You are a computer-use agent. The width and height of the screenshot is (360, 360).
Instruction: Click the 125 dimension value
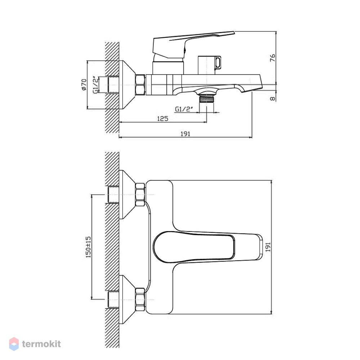point(163,118)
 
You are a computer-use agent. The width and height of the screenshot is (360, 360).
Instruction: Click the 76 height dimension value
point(272,58)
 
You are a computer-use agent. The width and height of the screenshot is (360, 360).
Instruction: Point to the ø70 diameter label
point(84,85)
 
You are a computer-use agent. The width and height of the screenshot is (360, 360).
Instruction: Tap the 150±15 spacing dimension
point(89,247)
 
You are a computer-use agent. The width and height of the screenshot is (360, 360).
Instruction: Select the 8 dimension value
point(273,99)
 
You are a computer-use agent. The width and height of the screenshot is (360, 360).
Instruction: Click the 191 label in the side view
point(185,134)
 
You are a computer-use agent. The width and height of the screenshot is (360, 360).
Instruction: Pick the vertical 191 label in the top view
point(268,247)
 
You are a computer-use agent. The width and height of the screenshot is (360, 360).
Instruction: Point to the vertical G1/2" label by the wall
point(96,85)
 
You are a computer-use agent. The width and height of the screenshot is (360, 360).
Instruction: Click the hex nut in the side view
point(140,85)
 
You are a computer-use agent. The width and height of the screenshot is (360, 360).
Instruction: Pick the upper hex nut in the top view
point(140,194)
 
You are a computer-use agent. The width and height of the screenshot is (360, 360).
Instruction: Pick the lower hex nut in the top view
point(140,300)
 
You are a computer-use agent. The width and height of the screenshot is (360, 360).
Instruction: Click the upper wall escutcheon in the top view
point(127,194)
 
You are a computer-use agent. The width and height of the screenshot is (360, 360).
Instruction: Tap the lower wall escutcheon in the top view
point(127,300)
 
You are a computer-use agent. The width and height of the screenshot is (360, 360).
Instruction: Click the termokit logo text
point(41,344)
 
